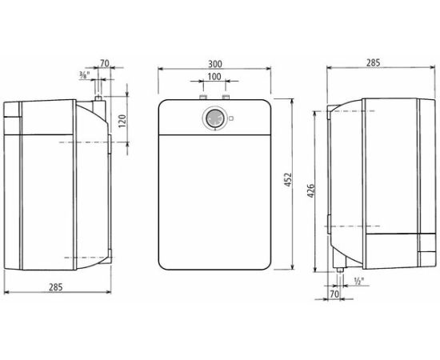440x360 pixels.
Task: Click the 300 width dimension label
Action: point(215,64)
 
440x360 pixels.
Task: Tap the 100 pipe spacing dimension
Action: point(214,76)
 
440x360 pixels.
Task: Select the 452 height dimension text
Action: point(288,180)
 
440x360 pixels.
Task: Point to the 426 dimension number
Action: point(311,191)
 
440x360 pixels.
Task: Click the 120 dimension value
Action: point(122,122)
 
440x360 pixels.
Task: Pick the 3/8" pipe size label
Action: point(85,74)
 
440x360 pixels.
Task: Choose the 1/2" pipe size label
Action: point(359,281)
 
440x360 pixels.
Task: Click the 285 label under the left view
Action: point(56,287)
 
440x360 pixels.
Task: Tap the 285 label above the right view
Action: point(374,62)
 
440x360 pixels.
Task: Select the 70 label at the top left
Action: point(104,64)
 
